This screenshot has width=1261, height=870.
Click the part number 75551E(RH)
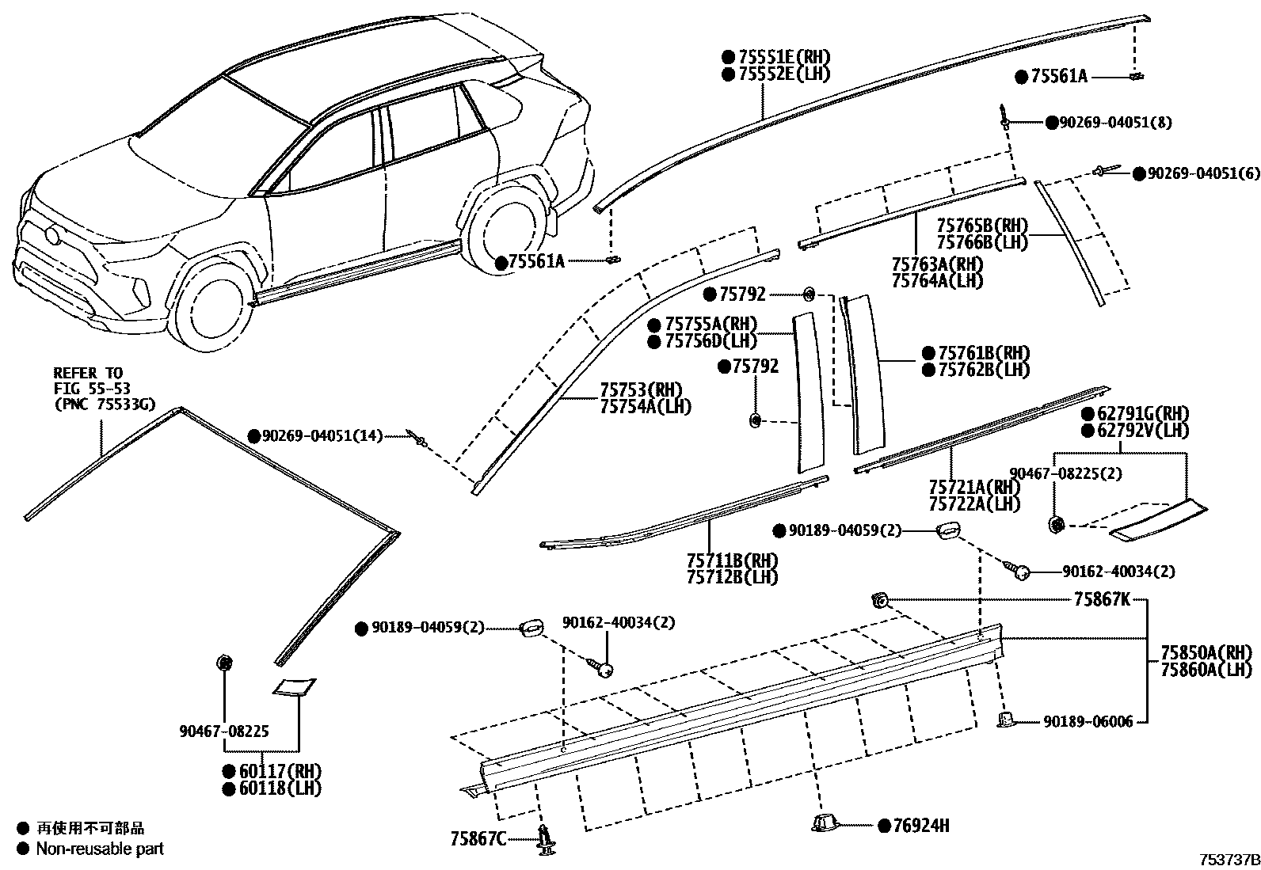[784, 57]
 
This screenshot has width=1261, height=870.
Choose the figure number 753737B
[1227, 860]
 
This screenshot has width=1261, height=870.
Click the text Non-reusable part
[101, 849]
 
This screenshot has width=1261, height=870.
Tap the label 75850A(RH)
[1206, 653]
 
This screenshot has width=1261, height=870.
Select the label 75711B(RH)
[732, 560]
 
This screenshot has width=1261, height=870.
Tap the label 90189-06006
[1088, 721]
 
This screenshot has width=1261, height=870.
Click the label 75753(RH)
[641, 389]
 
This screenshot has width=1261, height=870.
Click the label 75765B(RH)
[981, 226]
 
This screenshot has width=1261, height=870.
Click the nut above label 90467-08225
[224, 663]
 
